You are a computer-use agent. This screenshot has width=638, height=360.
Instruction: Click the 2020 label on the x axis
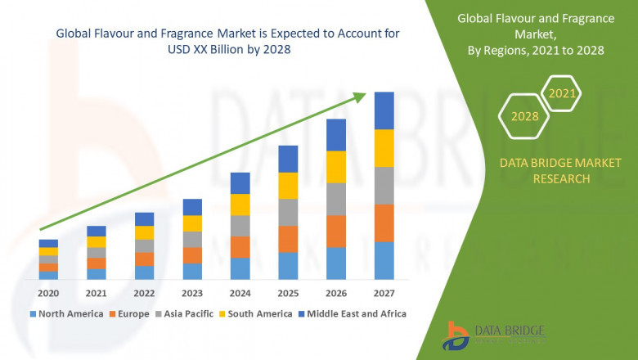(x=48, y=294)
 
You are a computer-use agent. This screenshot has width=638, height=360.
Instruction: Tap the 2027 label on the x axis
(x=384, y=294)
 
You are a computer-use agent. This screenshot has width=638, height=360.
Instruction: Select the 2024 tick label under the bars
(x=240, y=294)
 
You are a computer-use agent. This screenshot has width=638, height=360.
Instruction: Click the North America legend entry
(x=67, y=313)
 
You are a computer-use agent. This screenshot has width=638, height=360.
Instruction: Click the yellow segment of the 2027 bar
(x=384, y=148)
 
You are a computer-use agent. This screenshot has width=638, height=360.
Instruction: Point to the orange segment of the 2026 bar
(x=336, y=232)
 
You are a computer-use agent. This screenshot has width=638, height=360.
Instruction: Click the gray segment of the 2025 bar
(x=288, y=212)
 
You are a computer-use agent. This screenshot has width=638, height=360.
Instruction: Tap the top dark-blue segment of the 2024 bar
(x=240, y=182)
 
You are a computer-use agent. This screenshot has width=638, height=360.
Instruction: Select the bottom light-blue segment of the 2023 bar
(x=191, y=272)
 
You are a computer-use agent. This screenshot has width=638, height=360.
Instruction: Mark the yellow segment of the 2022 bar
(x=144, y=232)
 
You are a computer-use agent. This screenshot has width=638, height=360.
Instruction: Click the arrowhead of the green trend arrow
(x=360, y=97)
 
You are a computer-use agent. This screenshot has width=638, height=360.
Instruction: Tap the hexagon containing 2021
(x=562, y=94)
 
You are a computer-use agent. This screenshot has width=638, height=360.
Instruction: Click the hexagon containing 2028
(x=524, y=117)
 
